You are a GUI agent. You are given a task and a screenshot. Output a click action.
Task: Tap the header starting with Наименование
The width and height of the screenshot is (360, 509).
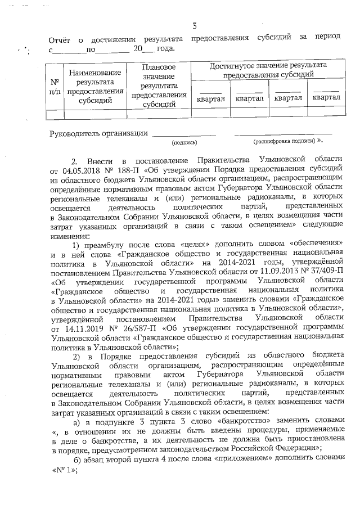click(95, 87)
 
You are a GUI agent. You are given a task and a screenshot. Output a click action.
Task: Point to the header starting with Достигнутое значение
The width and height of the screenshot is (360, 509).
click(268, 70)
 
